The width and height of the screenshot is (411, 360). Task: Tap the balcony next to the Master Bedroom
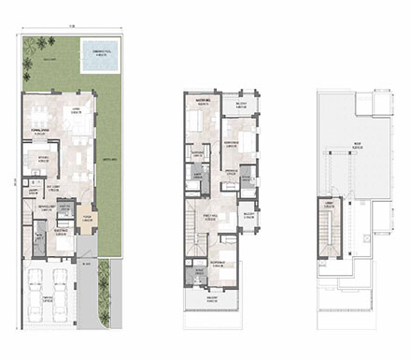click(240, 105)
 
